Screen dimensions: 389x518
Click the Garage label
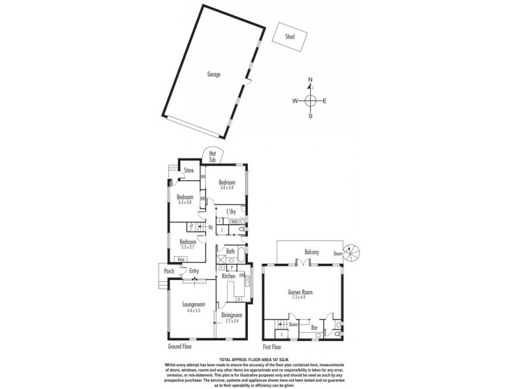pyautogui.click(x=214, y=75)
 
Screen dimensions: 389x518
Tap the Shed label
pyautogui.click(x=290, y=37)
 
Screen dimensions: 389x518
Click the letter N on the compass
pyautogui.click(x=310, y=80)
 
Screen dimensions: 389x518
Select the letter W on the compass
pyautogui.click(x=294, y=100)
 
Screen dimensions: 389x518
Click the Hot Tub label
pyautogui.click(x=212, y=156)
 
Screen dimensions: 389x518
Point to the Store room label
pyautogui.click(x=189, y=171)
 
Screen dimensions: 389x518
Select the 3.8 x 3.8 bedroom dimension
pyautogui.click(x=226, y=188)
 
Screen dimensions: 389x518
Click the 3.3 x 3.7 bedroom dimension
pyautogui.click(x=188, y=247)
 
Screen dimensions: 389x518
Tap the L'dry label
pyautogui.click(x=230, y=212)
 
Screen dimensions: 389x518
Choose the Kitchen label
pyautogui.click(x=229, y=277)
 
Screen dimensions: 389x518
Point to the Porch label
pyautogui.click(x=169, y=271)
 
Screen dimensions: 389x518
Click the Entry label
pyautogui.click(x=194, y=271)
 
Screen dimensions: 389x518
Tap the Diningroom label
pyautogui.click(x=231, y=315)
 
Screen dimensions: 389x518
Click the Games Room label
pyautogui.click(x=300, y=292)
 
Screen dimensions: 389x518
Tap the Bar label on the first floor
pyautogui.click(x=315, y=328)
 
